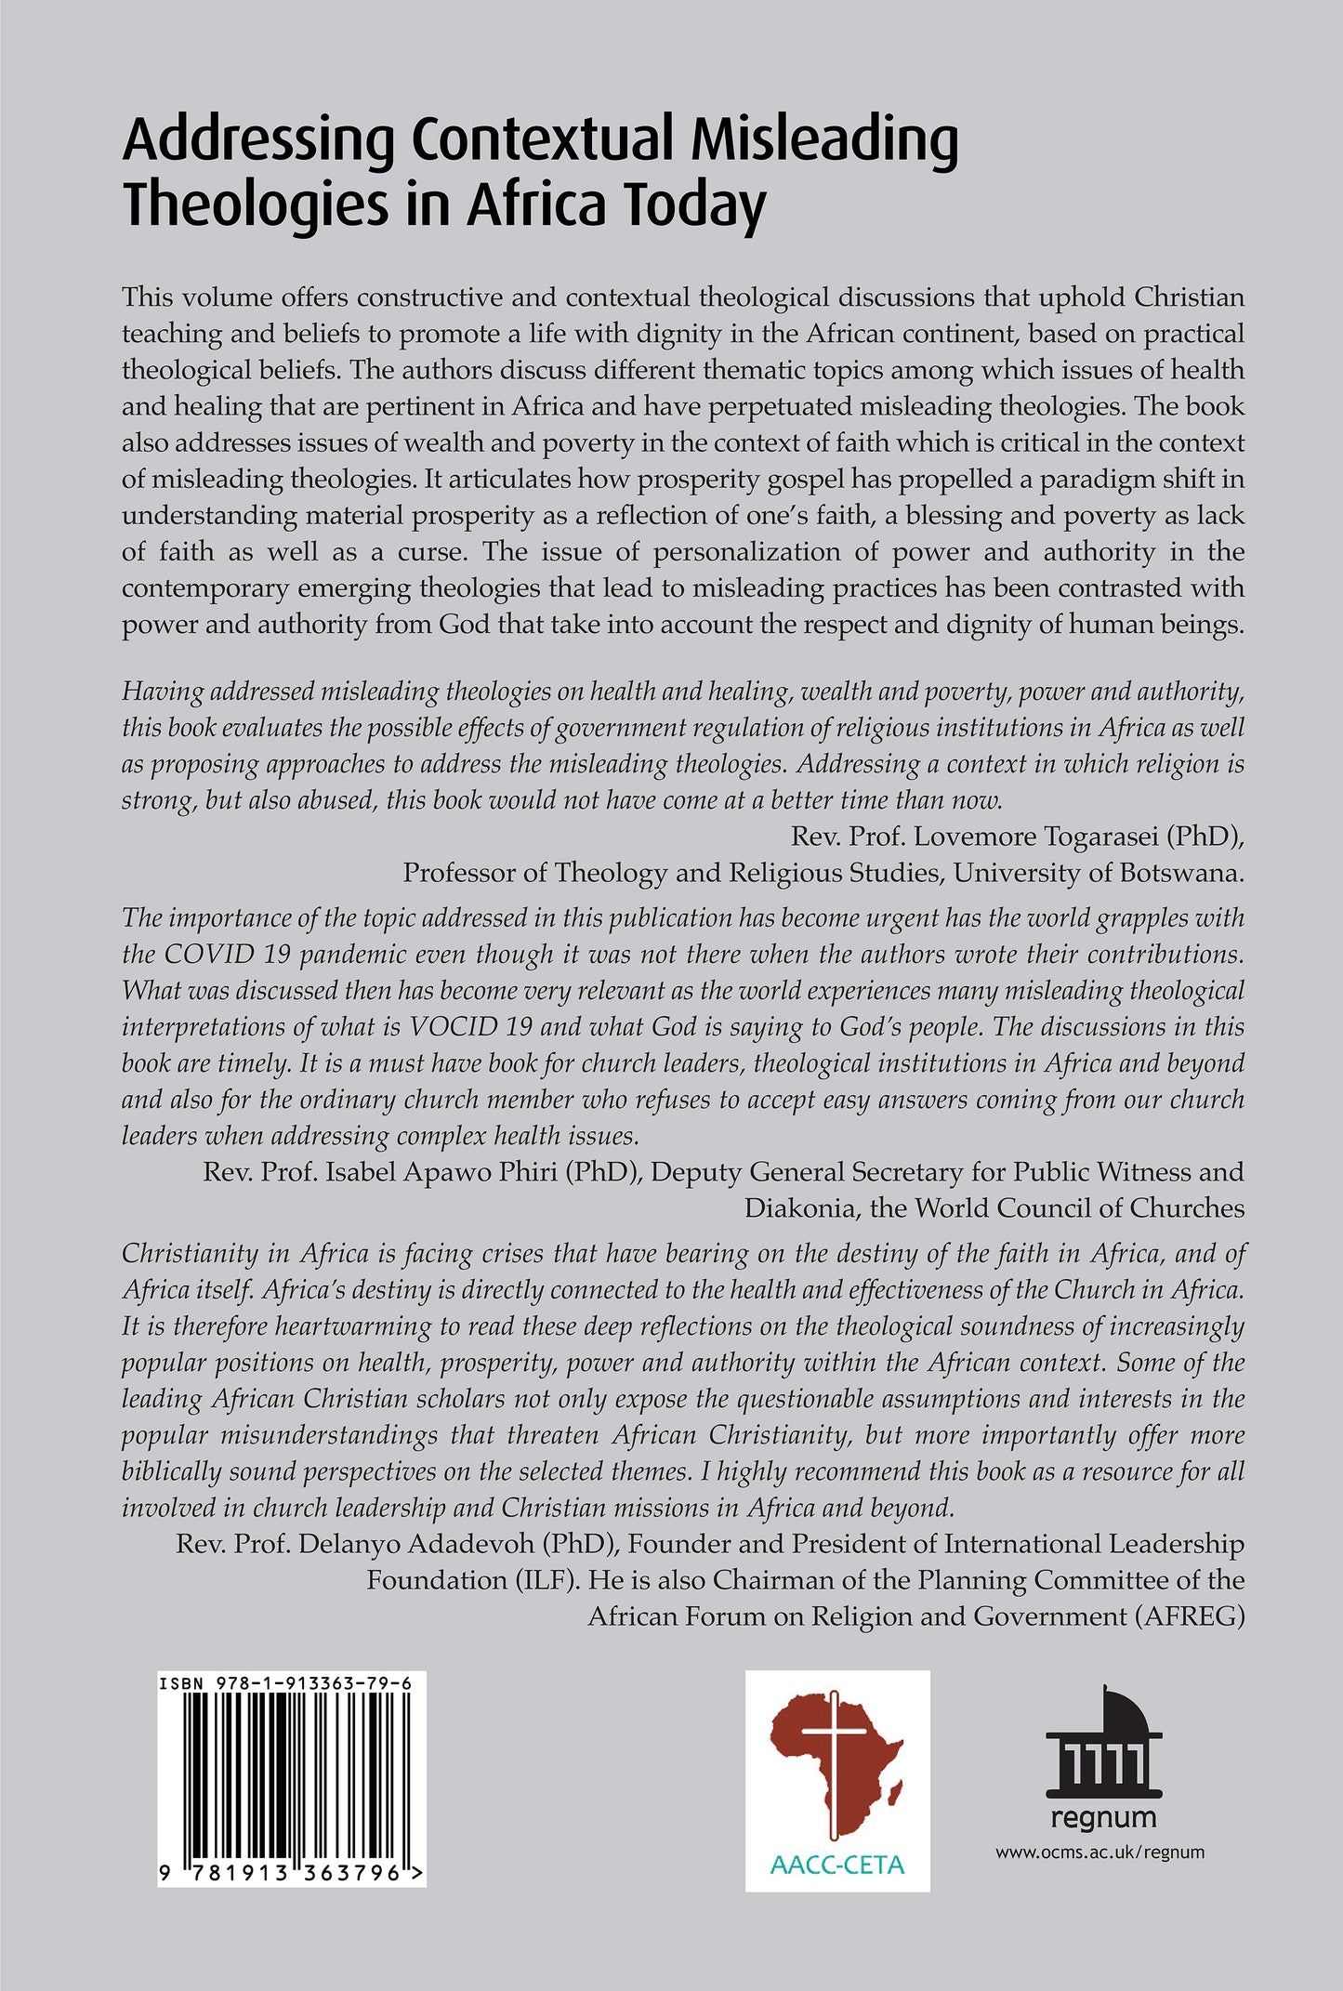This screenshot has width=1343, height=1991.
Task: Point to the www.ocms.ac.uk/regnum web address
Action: [1099, 1853]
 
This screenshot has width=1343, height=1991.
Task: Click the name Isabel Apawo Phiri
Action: [482, 1172]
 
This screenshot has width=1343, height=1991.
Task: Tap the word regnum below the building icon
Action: [1103, 1817]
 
